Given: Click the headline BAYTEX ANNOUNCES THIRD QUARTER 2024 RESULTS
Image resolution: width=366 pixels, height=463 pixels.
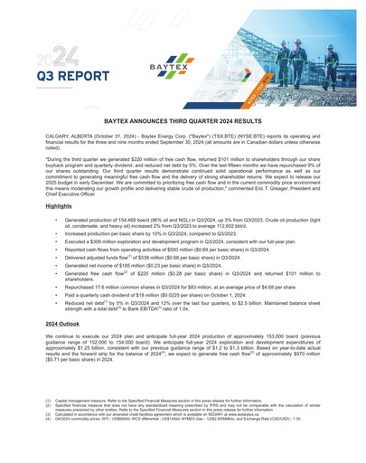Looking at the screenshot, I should pyautogui.click(x=183, y=118).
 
